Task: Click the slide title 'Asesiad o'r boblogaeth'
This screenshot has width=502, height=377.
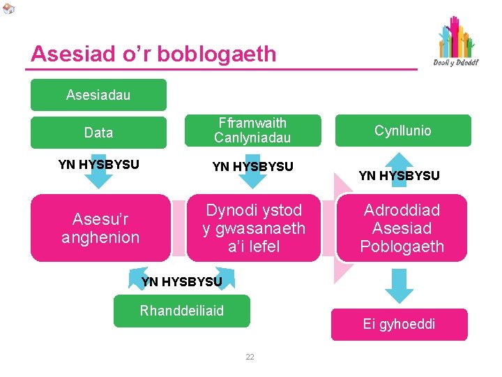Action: tap(153, 54)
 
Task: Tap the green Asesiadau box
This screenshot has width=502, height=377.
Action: tap(98, 95)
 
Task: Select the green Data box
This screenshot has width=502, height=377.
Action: tap(98, 132)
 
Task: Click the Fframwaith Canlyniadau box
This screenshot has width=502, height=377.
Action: tap(252, 131)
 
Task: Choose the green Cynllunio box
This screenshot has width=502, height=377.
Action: tap(402, 131)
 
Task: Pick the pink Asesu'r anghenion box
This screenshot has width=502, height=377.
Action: tap(100, 228)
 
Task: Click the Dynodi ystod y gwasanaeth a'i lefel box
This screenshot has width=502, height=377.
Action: tap(254, 228)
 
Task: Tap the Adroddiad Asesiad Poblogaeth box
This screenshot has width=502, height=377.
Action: tap(402, 228)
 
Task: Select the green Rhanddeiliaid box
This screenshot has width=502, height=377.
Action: tap(182, 311)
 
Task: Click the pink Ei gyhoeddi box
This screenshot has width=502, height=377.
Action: tap(399, 324)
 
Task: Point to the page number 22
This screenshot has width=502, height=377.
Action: tap(250, 357)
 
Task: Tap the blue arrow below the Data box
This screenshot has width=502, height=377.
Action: tap(99, 177)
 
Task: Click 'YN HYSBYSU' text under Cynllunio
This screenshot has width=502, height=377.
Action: tap(399, 176)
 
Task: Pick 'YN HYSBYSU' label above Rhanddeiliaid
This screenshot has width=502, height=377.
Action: tap(181, 282)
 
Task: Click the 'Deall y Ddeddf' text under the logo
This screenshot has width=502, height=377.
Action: tap(456, 63)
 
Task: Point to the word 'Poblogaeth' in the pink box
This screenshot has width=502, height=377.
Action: tap(402, 246)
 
